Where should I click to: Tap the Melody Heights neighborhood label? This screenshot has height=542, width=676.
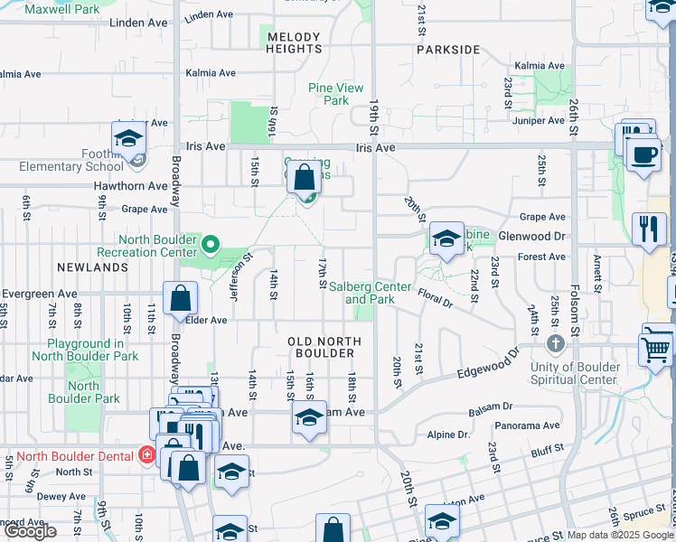pyautogui.click(x=294, y=42)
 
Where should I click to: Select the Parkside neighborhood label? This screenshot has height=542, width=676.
pyautogui.click(x=448, y=50)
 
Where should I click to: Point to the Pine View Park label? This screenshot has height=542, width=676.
pyautogui.click(x=336, y=94)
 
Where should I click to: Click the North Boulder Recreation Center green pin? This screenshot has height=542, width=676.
pyautogui.click(x=211, y=243)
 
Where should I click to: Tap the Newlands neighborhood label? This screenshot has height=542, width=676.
pyautogui.click(x=92, y=268)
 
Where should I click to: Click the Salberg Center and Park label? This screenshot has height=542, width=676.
pyautogui.click(x=370, y=292)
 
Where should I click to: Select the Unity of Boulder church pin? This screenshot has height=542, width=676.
pyautogui.click(x=556, y=344)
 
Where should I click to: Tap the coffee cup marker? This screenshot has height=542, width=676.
pyautogui.click(x=643, y=154)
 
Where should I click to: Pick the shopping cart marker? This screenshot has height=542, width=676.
pyautogui.click(x=655, y=348)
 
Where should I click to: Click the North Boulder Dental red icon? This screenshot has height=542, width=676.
pyautogui.click(x=146, y=454)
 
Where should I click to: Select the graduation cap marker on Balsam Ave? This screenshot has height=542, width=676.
pyautogui.click(x=309, y=417)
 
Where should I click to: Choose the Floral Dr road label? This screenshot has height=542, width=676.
pyautogui.click(x=435, y=297)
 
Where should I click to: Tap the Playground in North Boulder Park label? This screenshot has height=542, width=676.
pyautogui.click(x=86, y=350)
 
